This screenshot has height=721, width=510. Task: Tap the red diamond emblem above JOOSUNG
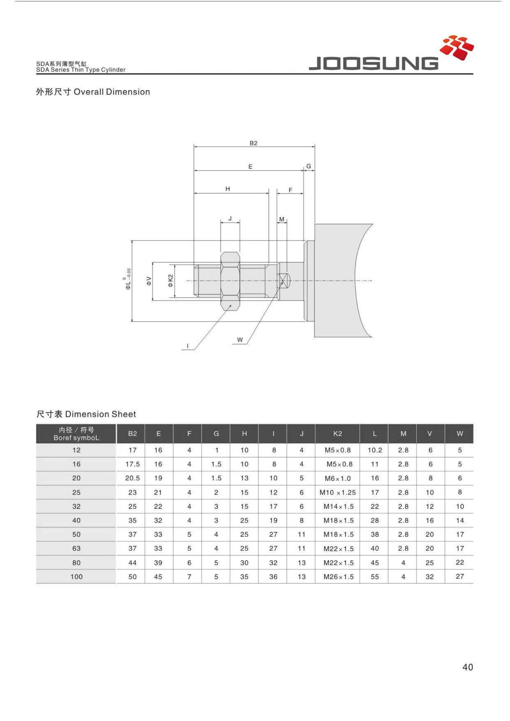pyautogui.click(x=457, y=48)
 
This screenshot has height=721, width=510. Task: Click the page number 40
pyautogui.click(x=468, y=667)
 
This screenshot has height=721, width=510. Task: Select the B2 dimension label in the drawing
pyautogui.click(x=253, y=143)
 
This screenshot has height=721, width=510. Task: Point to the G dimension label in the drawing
pyautogui.click(x=309, y=166)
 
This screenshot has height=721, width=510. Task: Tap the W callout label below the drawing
pyautogui.click(x=240, y=340)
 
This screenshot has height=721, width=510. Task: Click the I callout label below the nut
pyautogui.click(x=188, y=346)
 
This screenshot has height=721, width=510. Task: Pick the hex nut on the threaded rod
pyautogui.click(x=230, y=281)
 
